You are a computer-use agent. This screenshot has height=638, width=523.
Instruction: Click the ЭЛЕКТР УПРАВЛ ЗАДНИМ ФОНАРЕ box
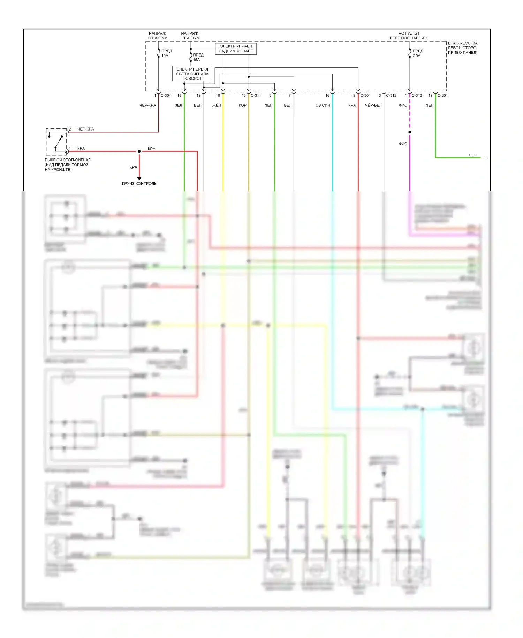point(236,49)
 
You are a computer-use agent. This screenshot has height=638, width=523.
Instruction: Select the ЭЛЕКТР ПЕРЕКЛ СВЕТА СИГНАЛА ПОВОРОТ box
point(192,74)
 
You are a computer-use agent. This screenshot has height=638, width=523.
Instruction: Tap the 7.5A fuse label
point(416,56)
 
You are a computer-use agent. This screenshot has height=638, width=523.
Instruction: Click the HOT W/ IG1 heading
point(409,34)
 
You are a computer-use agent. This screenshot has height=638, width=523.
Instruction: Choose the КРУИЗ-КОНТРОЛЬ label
point(139,184)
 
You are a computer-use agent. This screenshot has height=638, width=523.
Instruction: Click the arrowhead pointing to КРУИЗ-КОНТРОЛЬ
point(139,178)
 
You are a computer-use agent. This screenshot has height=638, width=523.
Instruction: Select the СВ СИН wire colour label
point(323,105)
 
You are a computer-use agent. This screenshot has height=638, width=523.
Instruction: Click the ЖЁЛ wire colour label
point(217,105)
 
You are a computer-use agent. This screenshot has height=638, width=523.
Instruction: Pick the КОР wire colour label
point(242,105)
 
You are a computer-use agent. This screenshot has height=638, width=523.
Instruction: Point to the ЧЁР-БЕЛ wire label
point(373,105)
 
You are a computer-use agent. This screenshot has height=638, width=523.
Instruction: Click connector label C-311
point(256,96)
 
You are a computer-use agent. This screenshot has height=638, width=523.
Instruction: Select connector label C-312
point(391,96)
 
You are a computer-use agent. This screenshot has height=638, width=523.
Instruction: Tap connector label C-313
point(417,96)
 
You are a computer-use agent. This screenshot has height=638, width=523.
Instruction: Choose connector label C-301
point(442,96)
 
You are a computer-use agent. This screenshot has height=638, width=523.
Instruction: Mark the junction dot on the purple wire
point(410,132)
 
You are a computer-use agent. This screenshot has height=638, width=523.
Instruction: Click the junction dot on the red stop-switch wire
point(139,151)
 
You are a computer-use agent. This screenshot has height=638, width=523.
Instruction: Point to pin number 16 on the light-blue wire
point(327,96)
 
